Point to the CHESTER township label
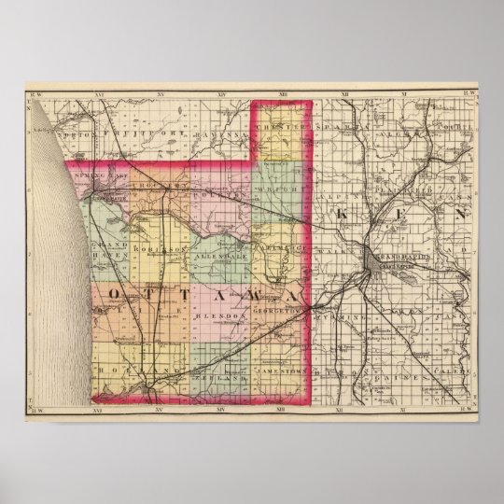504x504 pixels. pyautogui.click(x=279, y=128)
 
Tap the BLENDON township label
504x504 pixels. pyautogui.click(x=219, y=316)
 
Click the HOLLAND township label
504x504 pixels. pyautogui.click(x=119, y=371)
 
